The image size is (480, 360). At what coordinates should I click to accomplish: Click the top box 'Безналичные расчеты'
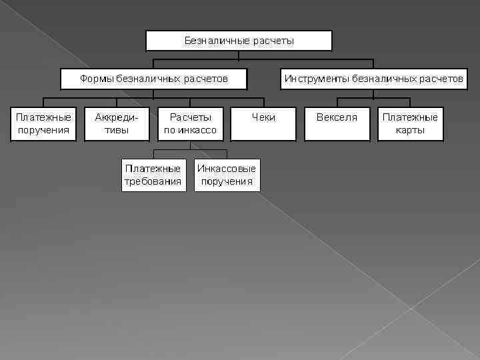(x=239, y=41)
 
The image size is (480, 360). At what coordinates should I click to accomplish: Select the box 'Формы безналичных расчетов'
(x=154, y=79)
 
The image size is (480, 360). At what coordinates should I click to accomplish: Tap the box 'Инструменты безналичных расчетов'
(x=373, y=79)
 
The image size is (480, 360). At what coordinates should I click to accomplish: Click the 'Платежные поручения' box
(x=43, y=123)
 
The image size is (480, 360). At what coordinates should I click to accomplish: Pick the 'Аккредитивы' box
(x=117, y=123)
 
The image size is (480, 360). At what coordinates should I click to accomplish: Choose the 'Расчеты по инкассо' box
(x=190, y=123)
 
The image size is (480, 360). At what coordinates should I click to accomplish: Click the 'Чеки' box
(x=263, y=123)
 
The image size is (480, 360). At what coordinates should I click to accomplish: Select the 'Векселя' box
(x=337, y=123)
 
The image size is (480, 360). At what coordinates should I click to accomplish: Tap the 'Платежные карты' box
(x=410, y=123)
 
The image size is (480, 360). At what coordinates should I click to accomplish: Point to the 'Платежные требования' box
(x=153, y=175)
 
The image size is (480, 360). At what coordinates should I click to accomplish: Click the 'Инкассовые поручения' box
(x=227, y=175)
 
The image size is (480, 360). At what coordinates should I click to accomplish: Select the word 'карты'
(x=410, y=130)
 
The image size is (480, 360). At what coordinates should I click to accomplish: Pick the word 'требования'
(x=153, y=181)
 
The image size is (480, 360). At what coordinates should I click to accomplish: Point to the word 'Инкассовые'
(x=227, y=169)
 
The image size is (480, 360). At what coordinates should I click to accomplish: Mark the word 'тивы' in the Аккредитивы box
(x=117, y=130)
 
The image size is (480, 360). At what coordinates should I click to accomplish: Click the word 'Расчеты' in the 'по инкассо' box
(x=190, y=117)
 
